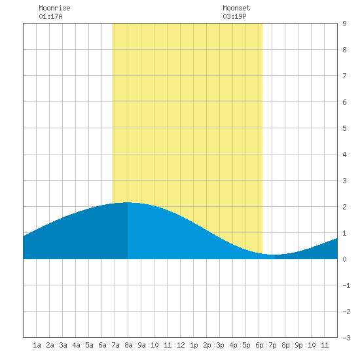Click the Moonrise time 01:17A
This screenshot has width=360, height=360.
(50, 16)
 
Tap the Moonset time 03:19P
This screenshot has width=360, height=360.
(234, 16)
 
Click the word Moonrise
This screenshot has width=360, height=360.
(54, 8)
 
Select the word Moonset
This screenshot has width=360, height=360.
(236, 8)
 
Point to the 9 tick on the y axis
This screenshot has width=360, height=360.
(344, 24)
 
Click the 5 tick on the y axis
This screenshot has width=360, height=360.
(344, 128)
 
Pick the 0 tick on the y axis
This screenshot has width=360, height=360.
(344, 259)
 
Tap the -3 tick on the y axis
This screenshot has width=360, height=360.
(346, 338)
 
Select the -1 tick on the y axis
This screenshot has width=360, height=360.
(346, 285)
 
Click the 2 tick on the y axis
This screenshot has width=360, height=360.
(344, 207)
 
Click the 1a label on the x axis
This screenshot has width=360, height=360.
(37, 345)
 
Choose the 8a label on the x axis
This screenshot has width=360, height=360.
(128, 345)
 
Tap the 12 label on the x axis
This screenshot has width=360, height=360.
(181, 345)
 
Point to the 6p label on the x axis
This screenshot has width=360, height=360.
(259, 345)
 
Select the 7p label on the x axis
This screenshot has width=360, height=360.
(272, 345)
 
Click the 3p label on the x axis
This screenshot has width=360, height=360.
(220, 345)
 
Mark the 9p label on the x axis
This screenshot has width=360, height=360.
(298, 345)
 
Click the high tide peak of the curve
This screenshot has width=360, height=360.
(128, 202)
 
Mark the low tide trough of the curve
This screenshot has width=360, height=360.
(273, 255)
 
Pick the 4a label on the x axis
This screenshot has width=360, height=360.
(76, 345)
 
